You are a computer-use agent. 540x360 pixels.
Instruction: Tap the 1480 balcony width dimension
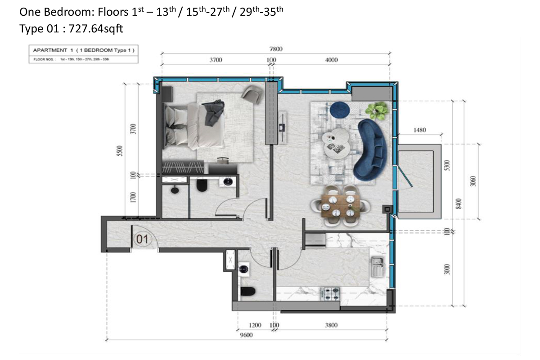419,130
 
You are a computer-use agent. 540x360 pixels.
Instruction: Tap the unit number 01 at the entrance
142,240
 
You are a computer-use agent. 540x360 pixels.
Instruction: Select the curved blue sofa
371,149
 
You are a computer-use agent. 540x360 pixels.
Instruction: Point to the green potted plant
376,110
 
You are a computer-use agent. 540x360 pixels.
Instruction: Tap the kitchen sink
376,267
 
